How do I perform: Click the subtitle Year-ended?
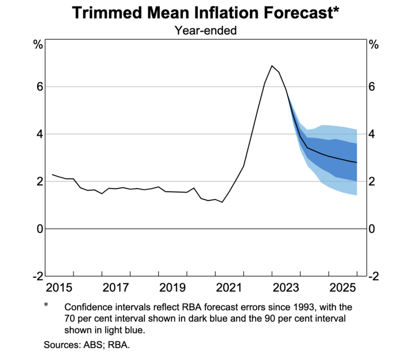205,31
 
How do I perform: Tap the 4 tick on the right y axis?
373,134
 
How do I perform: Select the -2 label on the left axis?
36,276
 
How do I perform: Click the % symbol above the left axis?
38,45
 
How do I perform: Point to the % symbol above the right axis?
373,45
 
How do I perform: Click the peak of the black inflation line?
272,65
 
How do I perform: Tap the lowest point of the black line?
222,202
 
